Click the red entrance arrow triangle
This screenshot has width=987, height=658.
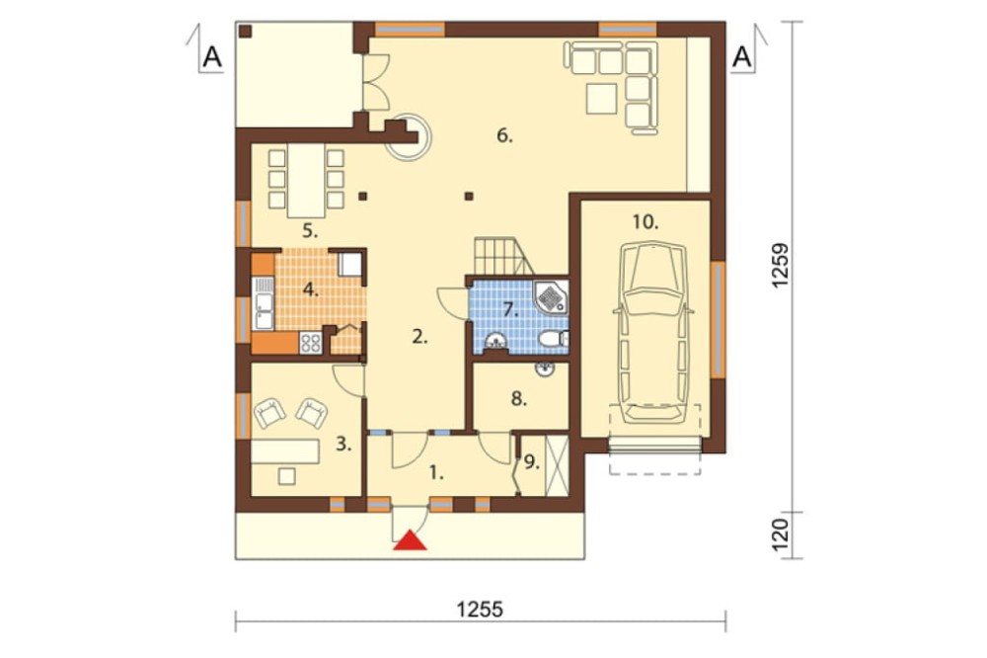tap(410, 540)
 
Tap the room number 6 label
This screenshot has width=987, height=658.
tap(504, 135)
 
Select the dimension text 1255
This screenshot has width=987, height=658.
tap(480, 610)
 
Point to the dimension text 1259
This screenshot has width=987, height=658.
tap(780, 265)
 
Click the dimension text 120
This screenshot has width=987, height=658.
tap(780, 535)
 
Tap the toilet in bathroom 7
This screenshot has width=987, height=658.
tap(554, 339)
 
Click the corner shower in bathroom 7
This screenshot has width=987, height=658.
tap(552, 297)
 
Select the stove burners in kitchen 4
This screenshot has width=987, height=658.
tap(311, 342)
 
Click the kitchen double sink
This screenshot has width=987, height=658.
tap(264, 303)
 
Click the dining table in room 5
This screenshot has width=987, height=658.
tap(307, 181)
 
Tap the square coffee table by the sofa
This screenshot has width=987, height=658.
tap(602, 99)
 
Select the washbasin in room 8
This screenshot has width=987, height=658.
tap(545, 369)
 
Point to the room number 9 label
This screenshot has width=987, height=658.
tap(532, 462)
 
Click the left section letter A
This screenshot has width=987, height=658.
tap(213, 57)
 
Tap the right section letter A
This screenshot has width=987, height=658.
tap(743, 57)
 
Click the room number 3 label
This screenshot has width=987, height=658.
tap(343, 445)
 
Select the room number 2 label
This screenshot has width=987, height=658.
tap(420, 337)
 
